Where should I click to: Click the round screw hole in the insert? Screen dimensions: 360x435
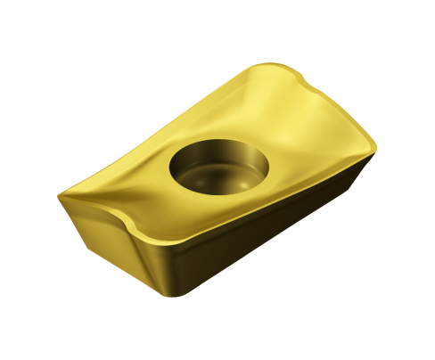point(217,170)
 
